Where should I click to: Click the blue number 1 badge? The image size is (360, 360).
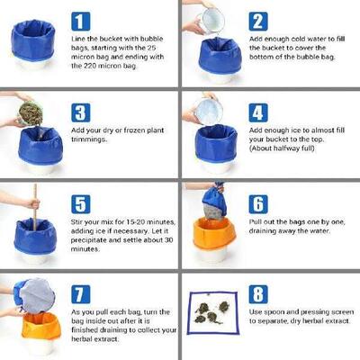[x=81, y=21]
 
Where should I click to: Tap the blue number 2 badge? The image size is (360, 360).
[x=258, y=21]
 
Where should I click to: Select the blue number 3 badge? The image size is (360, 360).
[x=81, y=111]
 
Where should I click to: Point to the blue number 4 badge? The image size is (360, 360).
[x=258, y=111]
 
